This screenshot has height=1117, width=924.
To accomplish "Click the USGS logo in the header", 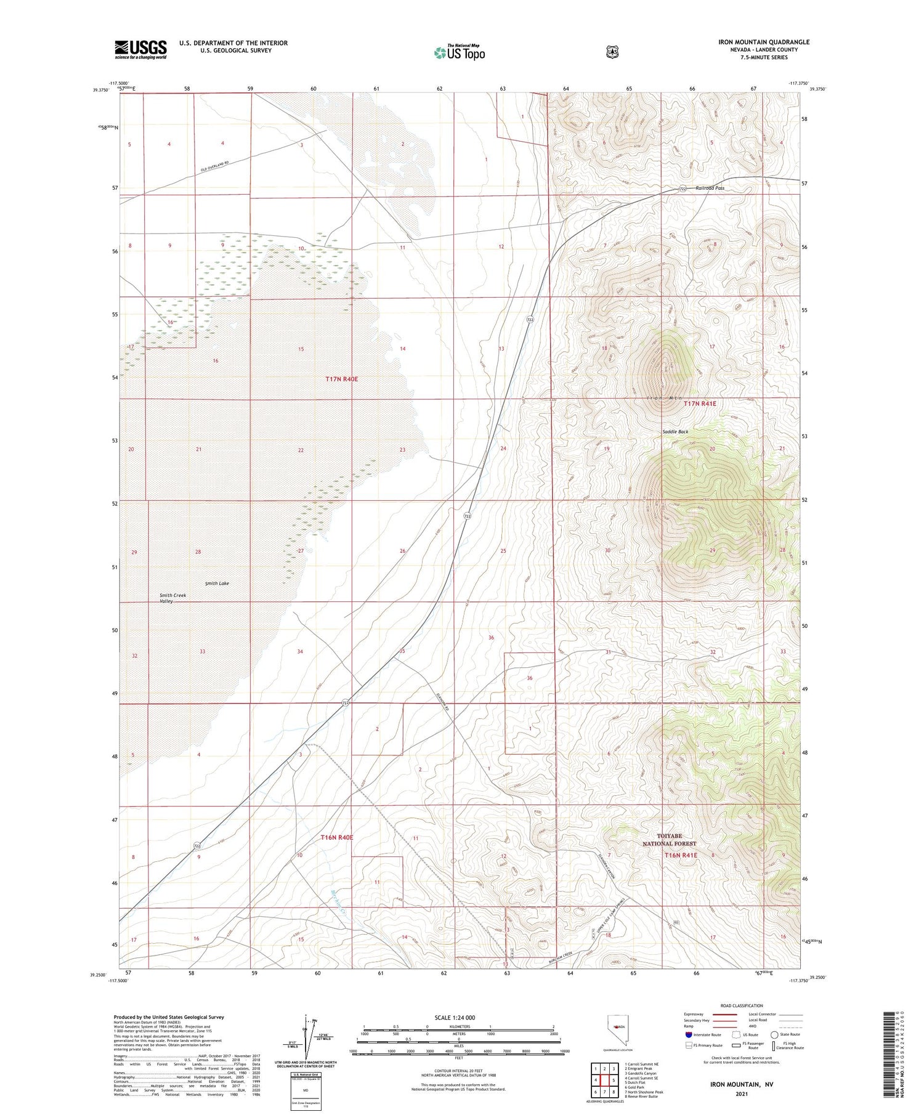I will coord(140,49).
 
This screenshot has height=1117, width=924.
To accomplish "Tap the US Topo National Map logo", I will coord(460,52).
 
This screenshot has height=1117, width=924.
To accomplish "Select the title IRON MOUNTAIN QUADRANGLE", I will coord(763,42).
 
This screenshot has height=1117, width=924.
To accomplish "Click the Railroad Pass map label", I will coord(710,188).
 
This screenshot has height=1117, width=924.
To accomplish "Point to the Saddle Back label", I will coord(675,432).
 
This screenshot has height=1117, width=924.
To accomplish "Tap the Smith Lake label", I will coord(217,583).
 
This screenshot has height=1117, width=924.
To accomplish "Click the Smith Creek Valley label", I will coord(172,598).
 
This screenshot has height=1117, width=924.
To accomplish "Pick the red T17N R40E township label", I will coord(341,380).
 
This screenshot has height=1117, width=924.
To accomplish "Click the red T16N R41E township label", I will coord(681,855).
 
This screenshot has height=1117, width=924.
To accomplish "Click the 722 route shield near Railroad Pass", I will coord(683,189).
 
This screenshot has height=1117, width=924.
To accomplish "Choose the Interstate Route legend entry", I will coord(702,1034).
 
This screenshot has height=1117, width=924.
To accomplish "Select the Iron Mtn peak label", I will coord(663,399).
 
